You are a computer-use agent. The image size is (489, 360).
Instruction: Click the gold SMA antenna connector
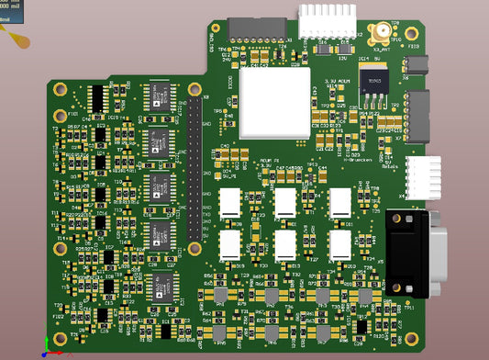377,34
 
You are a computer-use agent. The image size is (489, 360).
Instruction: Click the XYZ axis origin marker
42,351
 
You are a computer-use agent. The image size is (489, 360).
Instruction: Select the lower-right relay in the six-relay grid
340,244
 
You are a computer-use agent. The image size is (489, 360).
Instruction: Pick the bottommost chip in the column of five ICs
161,286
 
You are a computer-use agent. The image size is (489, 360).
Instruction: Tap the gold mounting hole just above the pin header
195,88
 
